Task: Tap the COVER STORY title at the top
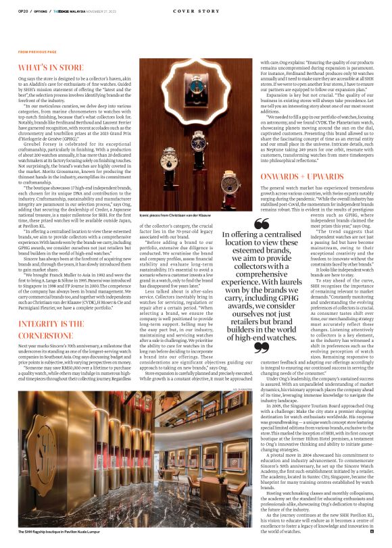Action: [x=196, y=11]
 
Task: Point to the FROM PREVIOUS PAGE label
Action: [x=37, y=52]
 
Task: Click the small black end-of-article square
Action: [x=372, y=532]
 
